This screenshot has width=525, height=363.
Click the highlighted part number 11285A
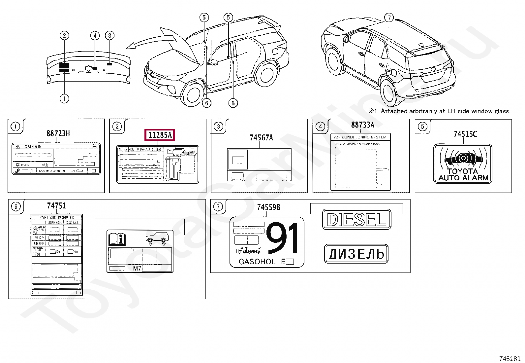(x=160, y=135)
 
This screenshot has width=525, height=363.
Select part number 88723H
(x=58, y=133)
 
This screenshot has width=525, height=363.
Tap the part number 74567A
(x=261, y=138)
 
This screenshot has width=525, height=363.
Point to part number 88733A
(x=362, y=125)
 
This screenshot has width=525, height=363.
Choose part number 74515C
(x=465, y=134)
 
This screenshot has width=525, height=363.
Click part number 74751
(x=56, y=206)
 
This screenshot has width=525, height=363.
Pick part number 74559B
(x=268, y=207)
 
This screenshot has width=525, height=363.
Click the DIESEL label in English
(x=356, y=219)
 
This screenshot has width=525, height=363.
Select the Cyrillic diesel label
(x=356, y=254)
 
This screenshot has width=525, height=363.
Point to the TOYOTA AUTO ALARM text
(x=463, y=175)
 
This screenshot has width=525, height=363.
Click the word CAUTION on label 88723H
(x=33, y=147)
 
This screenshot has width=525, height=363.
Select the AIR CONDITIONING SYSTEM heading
(x=360, y=137)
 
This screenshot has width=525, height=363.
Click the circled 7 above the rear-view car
(x=389, y=18)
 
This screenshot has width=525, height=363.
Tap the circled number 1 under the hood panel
(x=64, y=98)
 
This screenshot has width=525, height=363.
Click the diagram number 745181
(x=510, y=358)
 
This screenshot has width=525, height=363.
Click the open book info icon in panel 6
(x=117, y=238)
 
